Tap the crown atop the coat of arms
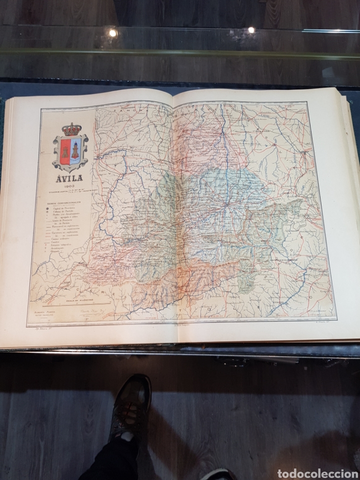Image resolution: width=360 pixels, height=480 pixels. [x=71, y=130]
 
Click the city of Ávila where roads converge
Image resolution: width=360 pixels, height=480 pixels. [x=226, y=204]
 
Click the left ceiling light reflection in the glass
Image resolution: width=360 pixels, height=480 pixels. [x=113, y=33]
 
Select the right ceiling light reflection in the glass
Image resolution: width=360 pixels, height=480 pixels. [x=251, y=30]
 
